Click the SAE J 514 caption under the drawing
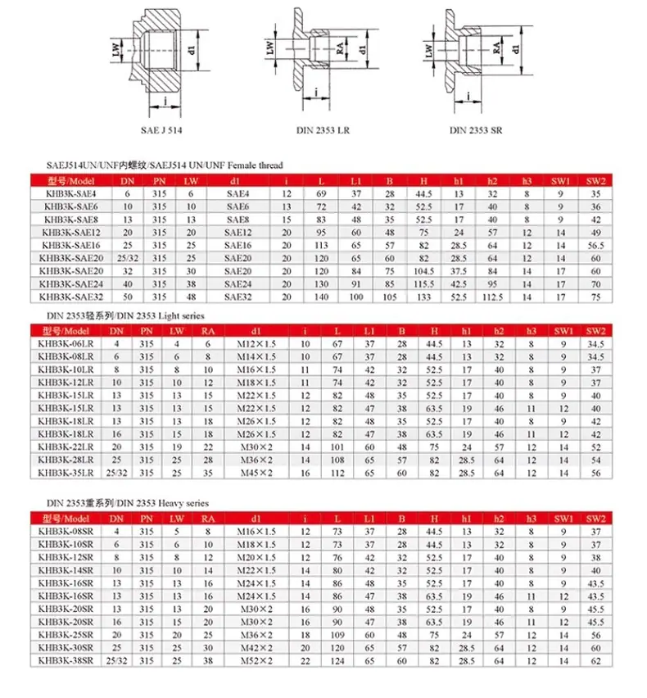[161, 130]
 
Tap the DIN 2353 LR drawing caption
[323, 130]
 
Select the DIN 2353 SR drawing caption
[476, 130]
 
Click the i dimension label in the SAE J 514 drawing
[165, 101]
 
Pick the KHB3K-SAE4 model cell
[71, 193]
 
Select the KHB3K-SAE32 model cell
[71, 297]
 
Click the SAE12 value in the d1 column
[238, 233]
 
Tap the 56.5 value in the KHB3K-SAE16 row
[596, 245]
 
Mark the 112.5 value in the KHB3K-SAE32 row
[492, 297]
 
